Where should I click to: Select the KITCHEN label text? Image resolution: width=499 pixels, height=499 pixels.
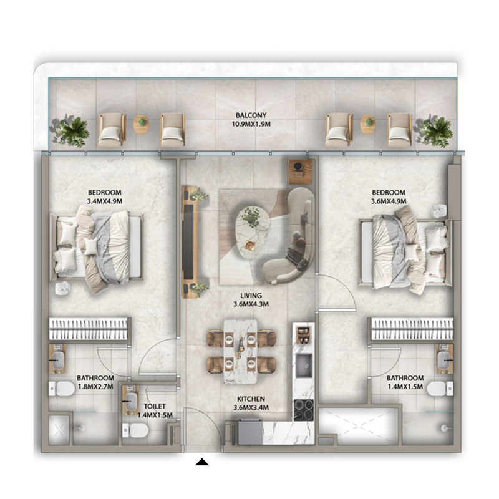click(250, 399)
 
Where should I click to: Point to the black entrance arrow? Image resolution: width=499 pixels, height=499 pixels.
click(202, 462)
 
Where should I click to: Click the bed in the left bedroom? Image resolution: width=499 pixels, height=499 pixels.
click(100, 247)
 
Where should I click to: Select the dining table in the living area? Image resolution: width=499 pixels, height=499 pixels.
click(240, 350)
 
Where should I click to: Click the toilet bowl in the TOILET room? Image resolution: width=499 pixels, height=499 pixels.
click(135, 430)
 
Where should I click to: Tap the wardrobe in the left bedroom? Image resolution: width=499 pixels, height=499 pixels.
click(89, 329)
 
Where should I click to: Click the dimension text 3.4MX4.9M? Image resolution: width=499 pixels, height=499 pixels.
click(104, 201)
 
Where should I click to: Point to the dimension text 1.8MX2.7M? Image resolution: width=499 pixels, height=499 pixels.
click(95, 387)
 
